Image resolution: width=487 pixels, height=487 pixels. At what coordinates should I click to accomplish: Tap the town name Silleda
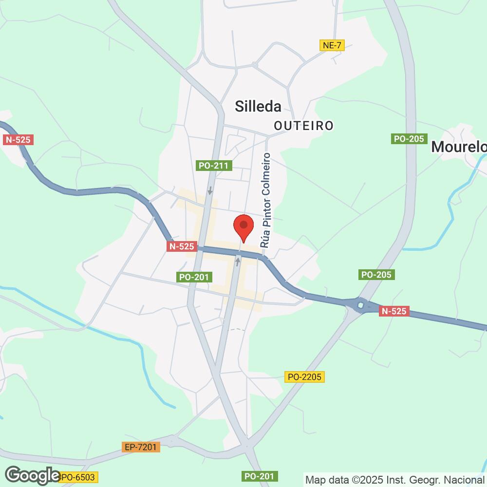coord(258,107)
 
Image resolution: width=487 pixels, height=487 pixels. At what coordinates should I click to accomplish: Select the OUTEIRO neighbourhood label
coord(303,126)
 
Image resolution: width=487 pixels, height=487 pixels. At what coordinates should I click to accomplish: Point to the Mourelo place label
coord(459,146)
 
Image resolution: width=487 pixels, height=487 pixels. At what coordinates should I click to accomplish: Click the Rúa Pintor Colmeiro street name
coord(266,201)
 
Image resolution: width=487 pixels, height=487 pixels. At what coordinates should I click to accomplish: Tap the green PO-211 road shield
coord(213,166)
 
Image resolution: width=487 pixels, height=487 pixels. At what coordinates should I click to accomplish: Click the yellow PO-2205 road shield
coord(304,376)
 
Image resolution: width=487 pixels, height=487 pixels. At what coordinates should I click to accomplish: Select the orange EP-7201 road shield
coord(141,447)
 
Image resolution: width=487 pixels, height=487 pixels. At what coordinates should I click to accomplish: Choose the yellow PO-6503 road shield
coord(78,477)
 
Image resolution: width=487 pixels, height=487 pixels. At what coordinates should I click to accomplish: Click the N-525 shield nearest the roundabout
coord(394,311)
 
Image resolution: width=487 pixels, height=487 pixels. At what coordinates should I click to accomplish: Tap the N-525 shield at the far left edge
coord(18,140)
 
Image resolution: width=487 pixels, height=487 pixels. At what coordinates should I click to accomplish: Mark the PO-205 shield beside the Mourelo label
coord(409,139)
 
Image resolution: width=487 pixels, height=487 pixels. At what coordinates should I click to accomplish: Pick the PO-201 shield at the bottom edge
coord(260,476)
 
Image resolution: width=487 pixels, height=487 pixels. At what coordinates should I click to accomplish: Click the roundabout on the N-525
coord(360,305)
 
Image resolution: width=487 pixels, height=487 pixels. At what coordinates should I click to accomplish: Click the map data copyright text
coord(395,479)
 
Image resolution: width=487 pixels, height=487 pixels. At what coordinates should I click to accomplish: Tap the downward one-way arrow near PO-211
coord(210,190)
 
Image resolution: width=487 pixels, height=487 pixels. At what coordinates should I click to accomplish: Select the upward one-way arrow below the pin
coord(238,262)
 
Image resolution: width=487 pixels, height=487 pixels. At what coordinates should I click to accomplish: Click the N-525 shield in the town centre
coord(182,246)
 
